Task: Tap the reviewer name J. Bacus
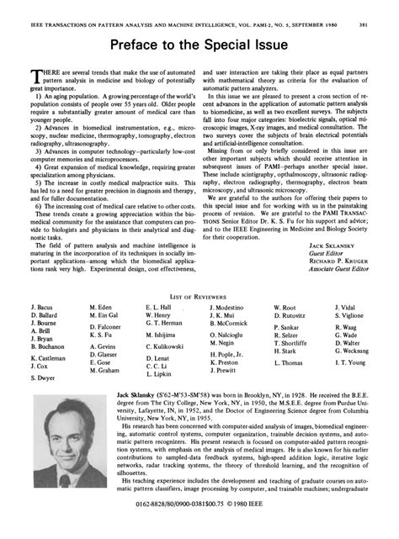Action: [43, 308]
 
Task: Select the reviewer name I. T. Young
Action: [349, 362]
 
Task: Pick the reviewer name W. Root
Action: [285, 308]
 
